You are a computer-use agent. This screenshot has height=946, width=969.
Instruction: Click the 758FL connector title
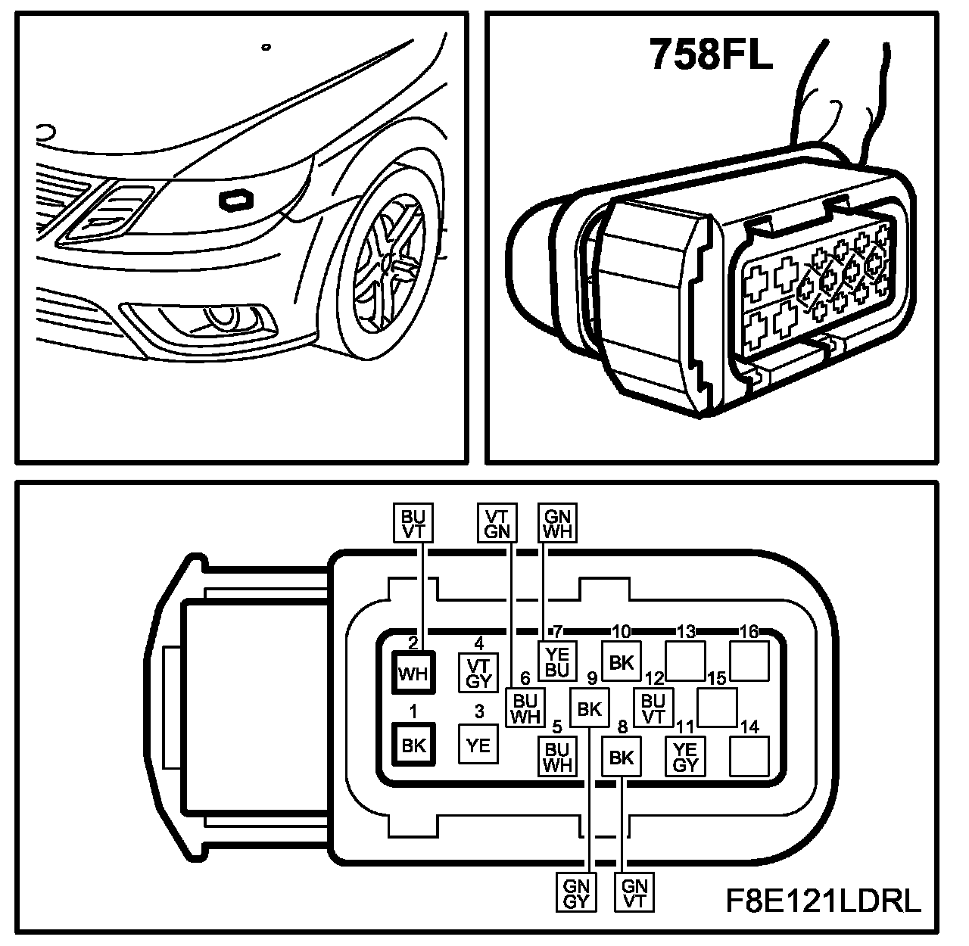click(711, 54)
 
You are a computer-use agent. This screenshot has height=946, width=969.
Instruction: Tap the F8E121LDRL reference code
click(824, 901)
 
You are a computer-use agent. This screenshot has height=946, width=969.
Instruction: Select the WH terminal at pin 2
click(413, 673)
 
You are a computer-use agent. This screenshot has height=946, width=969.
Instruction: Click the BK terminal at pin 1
click(413, 745)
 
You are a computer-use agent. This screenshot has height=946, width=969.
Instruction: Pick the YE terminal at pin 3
click(478, 745)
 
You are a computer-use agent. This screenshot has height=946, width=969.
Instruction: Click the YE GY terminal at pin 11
click(685, 756)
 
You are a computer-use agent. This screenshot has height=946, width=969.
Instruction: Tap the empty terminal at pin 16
click(749, 661)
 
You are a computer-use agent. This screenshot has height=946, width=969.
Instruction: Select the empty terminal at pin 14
click(749, 756)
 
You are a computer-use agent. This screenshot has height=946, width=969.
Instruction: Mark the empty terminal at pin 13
click(685, 661)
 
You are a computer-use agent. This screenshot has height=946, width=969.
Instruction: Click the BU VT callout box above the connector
click(413, 523)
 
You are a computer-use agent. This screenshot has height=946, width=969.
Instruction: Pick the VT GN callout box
click(497, 523)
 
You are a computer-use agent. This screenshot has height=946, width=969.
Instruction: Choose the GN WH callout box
click(557, 523)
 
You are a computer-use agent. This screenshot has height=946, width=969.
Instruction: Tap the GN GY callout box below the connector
click(577, 893)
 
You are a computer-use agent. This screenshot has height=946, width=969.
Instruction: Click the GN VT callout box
click(635, 893)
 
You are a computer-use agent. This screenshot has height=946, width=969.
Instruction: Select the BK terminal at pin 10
click(621, 662)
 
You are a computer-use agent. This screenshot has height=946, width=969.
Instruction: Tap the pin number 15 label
click(717, 678)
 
